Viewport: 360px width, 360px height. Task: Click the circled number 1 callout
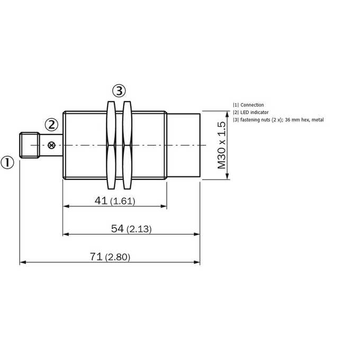7,163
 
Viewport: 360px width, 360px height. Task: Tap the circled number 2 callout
51,125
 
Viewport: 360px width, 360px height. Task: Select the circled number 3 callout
119,91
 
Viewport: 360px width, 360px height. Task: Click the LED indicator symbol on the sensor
52,145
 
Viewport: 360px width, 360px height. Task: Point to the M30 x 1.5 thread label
222,145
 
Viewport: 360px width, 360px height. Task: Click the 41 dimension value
101,201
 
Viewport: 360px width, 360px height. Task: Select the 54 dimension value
118,229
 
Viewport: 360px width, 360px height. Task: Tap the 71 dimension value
96,256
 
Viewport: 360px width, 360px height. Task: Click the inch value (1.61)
123,201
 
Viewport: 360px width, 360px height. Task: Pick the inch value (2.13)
139,229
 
